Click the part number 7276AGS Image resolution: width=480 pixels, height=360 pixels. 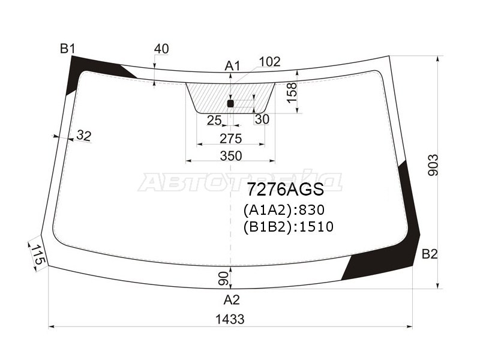[x=284, y=190]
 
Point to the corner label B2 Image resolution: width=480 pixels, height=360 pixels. [x=429, y=254]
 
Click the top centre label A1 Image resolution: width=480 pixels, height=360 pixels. [x=232, y=66]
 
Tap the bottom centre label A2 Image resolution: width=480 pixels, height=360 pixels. [x=232, y=299]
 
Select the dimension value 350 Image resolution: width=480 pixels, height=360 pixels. [x=230, y=156]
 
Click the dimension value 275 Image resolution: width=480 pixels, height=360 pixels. [x=230, y=139]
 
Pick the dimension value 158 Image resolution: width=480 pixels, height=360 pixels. [x=292, y=93]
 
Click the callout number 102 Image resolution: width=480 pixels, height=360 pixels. [x=269, y=62]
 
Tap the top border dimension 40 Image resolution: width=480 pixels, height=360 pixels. [x=161, y=49]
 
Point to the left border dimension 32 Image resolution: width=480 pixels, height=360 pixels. [x=83, y=136]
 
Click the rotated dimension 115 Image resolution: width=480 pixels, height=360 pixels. [x=38, y=256]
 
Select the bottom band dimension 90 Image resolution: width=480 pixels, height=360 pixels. [x=223, y=278]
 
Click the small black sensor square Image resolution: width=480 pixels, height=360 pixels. [x=230, y=104]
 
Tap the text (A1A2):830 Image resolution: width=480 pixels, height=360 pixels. [x=283, y=211]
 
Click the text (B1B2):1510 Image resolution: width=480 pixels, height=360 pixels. [x=288, y=227]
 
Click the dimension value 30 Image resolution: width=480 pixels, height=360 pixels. [x=262, y=119]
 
